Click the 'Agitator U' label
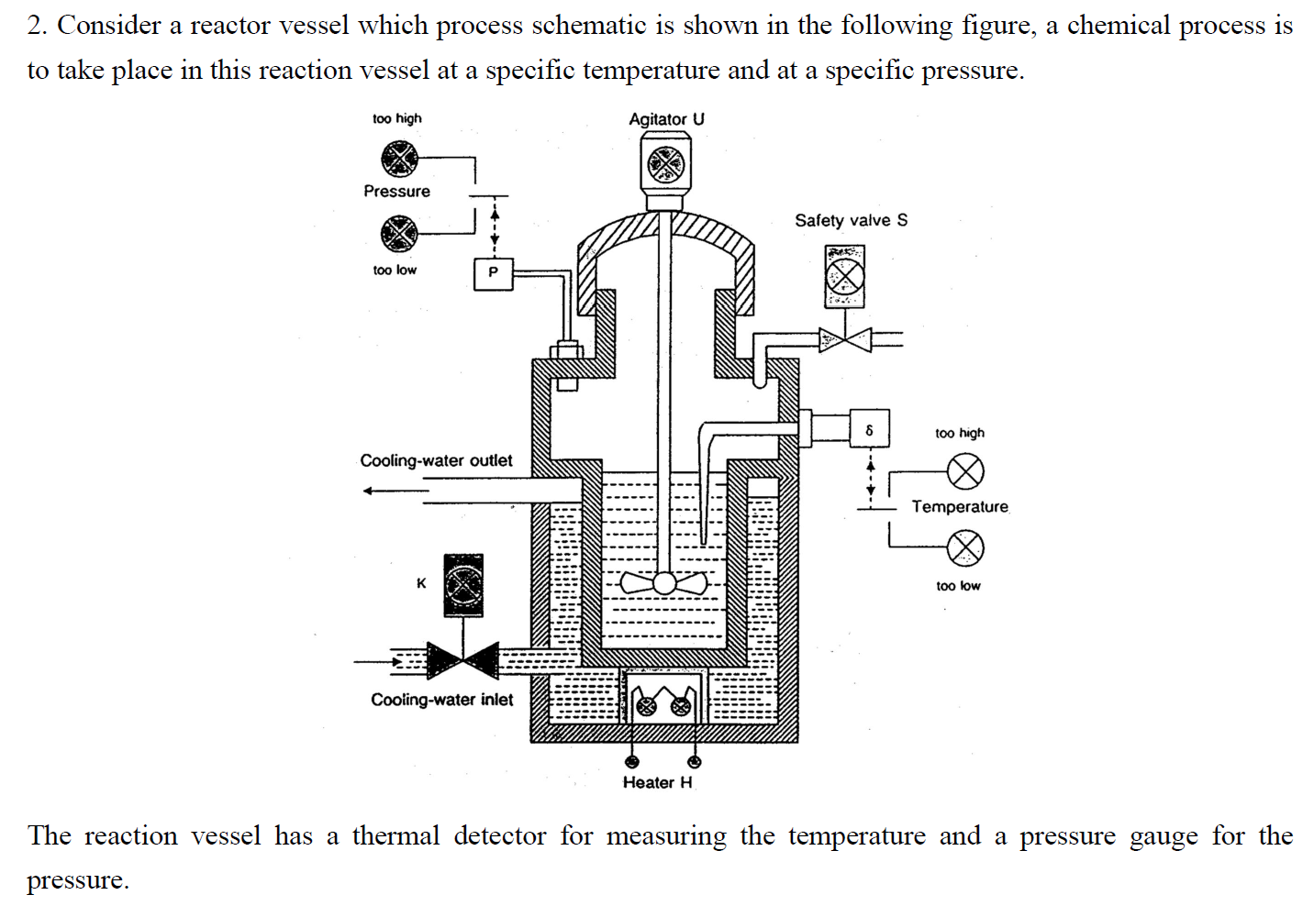pyautogui.click(x=666, y=119)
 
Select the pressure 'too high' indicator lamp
pyautogui.click(x=399, y=158)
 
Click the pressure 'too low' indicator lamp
pyautogui.click(x=399, y=233)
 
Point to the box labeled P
pyautogui.click(x=493, y=273)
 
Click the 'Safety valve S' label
pyautogui.click(x=851, y=220)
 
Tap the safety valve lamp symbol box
pyautogui.click(x=844, y=276)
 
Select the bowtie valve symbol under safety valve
pyautogui.click(x=845, y=340)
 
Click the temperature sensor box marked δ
pyautogui.click(x=869, y=429)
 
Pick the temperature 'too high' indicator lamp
pyautogui.click(x=965, y=471)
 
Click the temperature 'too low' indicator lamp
pyautogui.click(x=965, y=548)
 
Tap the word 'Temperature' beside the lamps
pyautogui.click(x=960, y=506)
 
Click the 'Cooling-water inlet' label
pyautogui.click(x=442, y=700)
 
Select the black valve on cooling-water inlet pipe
pyautogui.click(x=463, y=659)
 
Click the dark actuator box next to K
pyautogui.click(x=463, y=585)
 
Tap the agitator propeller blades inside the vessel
pyautogui.click(x=663, y=582)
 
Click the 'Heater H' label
pyautogui.click(x=657, y=782)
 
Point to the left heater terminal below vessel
pyautogui.click(x=631, y=761)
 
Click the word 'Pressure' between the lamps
pyautogui.click(x=396, y=191)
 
